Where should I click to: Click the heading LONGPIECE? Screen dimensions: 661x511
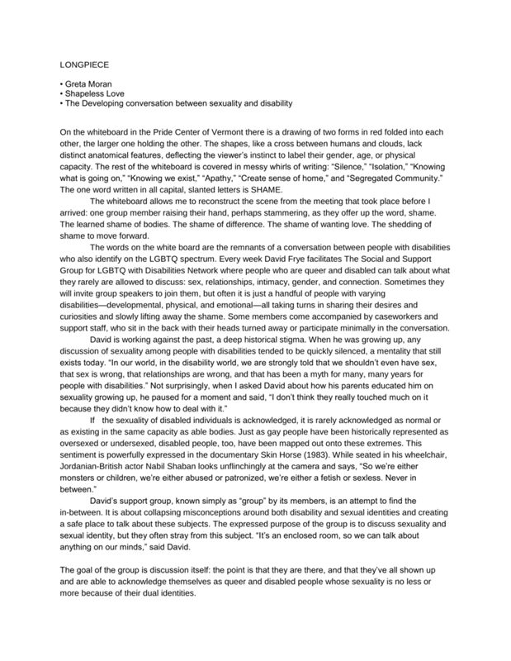pos(86,63)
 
